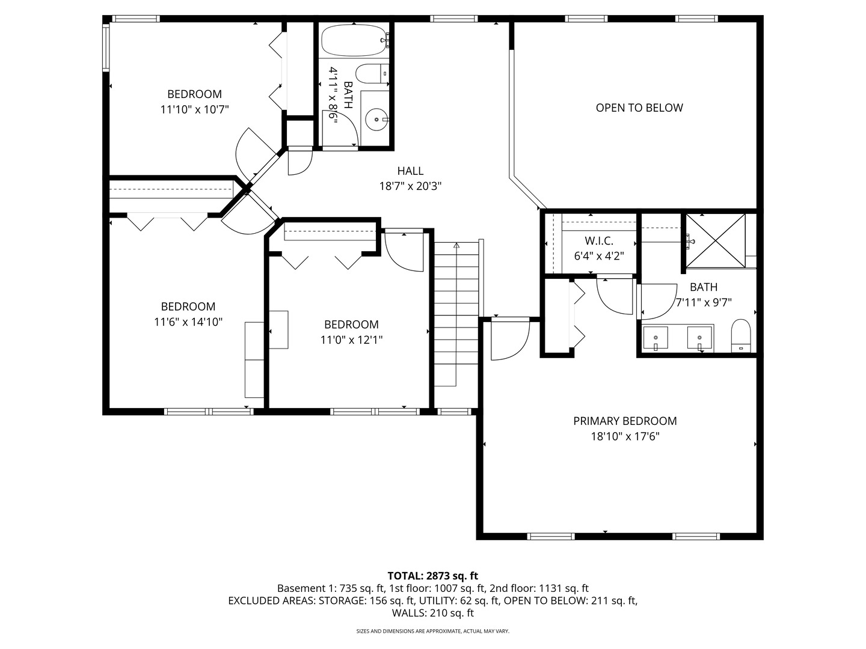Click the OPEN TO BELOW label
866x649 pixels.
click(x=639, y=108)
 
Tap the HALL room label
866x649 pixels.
click(x=410, y=171)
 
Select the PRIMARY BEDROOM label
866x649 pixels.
click(x=625, y=421)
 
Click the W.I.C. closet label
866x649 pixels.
click(x=598, y=241)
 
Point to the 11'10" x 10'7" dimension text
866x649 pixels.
click(x=194, y=109)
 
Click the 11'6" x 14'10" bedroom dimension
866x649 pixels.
click(x=188, y=322)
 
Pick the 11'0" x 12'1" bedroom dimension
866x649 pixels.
click(x=351, y=340)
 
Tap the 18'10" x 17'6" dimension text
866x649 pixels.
click(x=625, y=437)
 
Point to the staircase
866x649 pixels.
click(x=456, y=312)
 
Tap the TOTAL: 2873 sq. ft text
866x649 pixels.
click(x=432, y=576)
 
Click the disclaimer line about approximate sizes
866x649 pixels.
click(x=432, y=631)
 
